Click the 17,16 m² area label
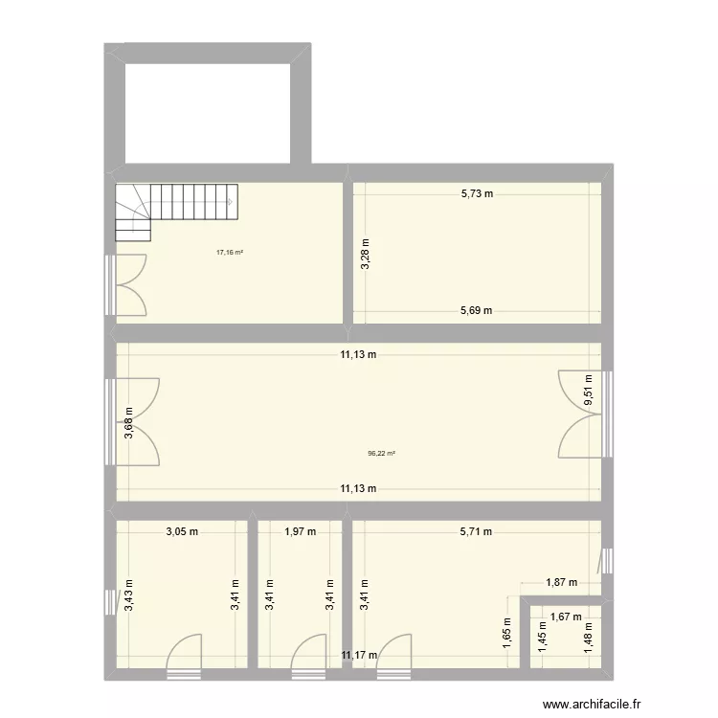coord(230,253)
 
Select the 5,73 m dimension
coord(477,193)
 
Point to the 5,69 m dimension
coord(476,310)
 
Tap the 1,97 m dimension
coord(300,531)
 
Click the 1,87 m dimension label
coord(561,582)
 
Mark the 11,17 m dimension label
coord(359,656)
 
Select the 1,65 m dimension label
coord(506,633)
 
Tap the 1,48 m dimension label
coord(588,638)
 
